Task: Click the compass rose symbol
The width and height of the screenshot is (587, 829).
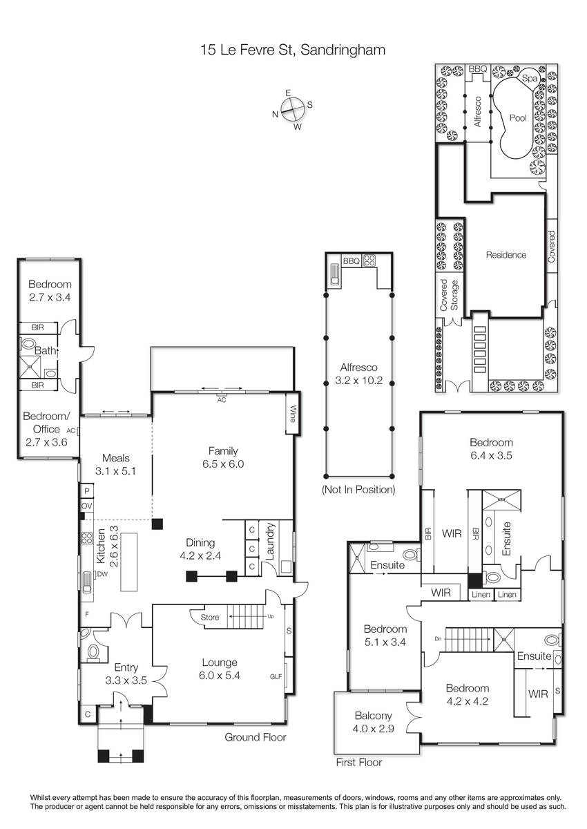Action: coord(293,110)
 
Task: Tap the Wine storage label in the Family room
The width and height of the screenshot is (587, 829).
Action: coord(292,414)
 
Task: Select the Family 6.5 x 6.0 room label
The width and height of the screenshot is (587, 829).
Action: coord(223,457)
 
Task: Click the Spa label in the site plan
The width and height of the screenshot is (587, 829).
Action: coord(529,79)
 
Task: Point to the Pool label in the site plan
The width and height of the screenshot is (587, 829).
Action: coord(518,118)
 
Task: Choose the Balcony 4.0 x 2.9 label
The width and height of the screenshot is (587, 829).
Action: coord(373,722)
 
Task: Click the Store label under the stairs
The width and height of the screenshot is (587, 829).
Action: coord(210,617)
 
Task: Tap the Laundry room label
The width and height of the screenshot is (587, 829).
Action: coord(270,541)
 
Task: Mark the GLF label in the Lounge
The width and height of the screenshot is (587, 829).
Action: coord(276,676)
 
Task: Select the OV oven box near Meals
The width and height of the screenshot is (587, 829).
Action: coord(87,506)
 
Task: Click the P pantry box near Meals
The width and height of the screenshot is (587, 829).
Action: coord(87,490)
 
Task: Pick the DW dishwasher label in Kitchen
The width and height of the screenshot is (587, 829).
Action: coord(102,574)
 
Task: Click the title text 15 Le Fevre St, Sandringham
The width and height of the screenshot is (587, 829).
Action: coord(293,49)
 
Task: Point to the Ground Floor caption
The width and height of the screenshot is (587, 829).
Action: coord(256,737)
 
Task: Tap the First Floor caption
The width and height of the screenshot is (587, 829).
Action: coord(359,762)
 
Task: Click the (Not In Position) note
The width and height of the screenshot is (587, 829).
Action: coord(358,489)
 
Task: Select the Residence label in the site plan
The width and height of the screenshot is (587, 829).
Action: coord(506,255)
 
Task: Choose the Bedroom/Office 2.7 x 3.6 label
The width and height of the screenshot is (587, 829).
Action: coord(46,429)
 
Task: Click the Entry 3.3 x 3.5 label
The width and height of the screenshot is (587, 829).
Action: coord(126,674)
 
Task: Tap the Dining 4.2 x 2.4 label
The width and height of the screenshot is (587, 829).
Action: coord(200,549)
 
